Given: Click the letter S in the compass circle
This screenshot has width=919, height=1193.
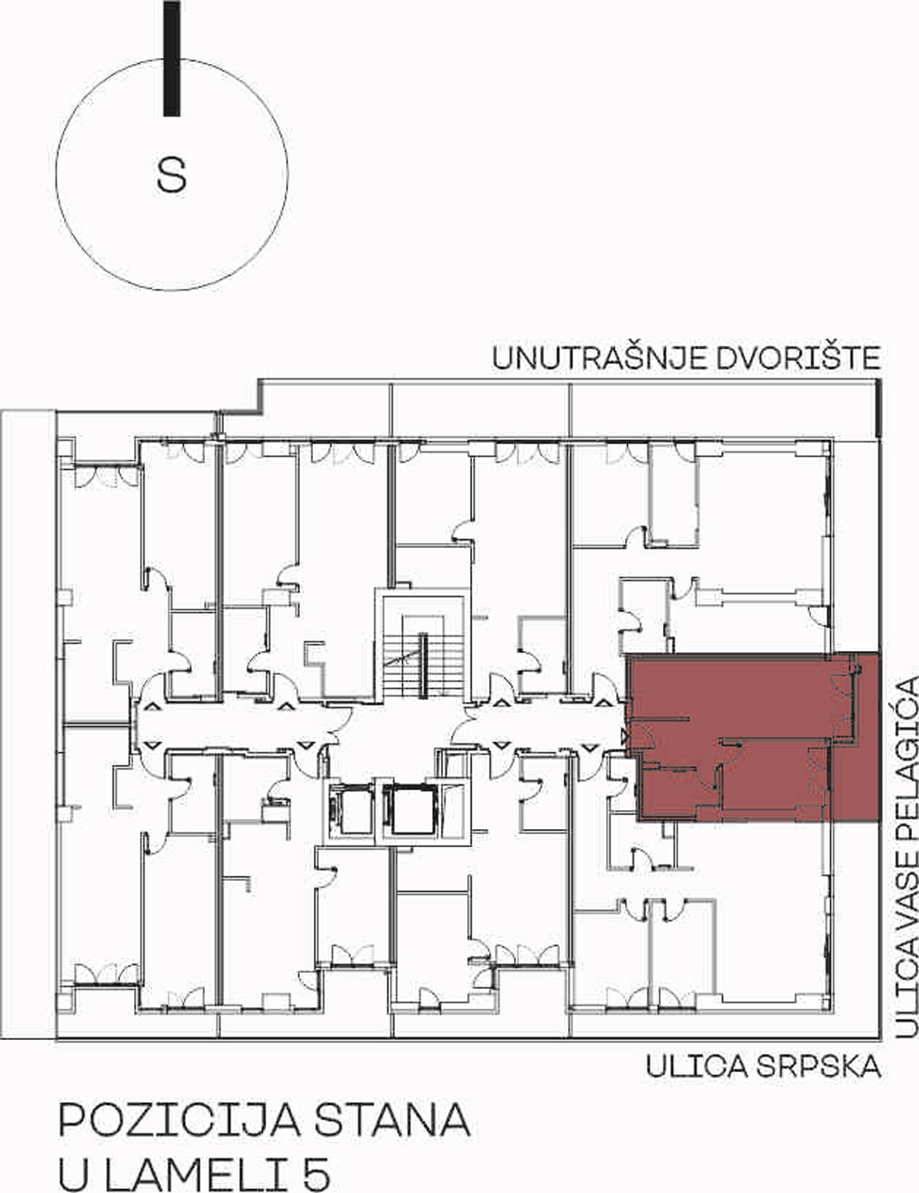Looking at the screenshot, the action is click(171, 175).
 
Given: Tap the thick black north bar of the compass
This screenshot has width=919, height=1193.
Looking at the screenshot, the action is click(172, 58).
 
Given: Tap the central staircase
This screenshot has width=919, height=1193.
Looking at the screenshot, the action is click(424, 665).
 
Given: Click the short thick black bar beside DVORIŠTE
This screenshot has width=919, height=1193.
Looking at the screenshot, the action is click(878, 409).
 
